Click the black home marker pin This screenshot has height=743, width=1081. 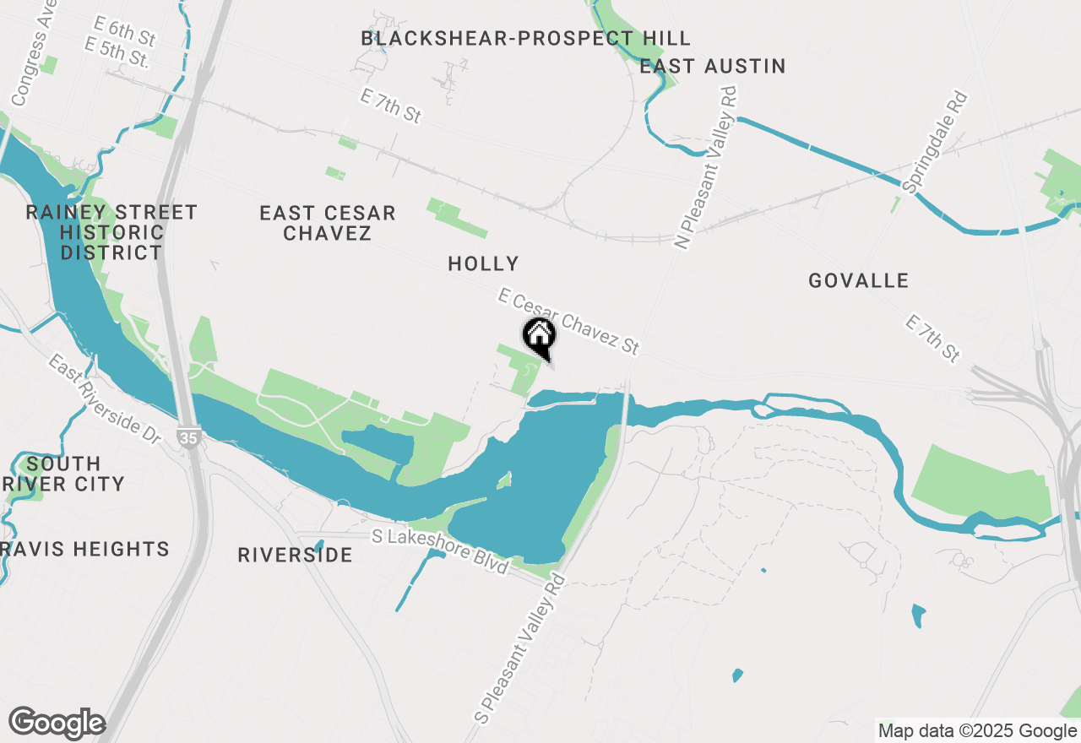[539, 336]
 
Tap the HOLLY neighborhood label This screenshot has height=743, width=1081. [483, 264]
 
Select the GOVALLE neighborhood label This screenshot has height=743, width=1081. [858, 281]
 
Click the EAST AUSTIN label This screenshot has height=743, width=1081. [713, 66]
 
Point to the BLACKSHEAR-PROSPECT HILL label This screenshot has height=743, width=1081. [525, 38]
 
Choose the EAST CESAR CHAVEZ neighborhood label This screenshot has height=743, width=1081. [328, 223]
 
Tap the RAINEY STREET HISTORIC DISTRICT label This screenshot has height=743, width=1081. [111, 232]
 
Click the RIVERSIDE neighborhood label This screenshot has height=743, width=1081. [295, 555]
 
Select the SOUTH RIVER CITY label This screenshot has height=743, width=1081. [63, 474]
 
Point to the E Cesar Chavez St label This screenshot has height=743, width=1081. [568, 322]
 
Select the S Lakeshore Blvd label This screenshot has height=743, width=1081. [441, 550]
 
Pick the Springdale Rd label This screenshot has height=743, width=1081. [934, 143]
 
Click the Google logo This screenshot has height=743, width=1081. [57, 724]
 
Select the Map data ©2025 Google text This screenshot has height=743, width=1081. [977, 731]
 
